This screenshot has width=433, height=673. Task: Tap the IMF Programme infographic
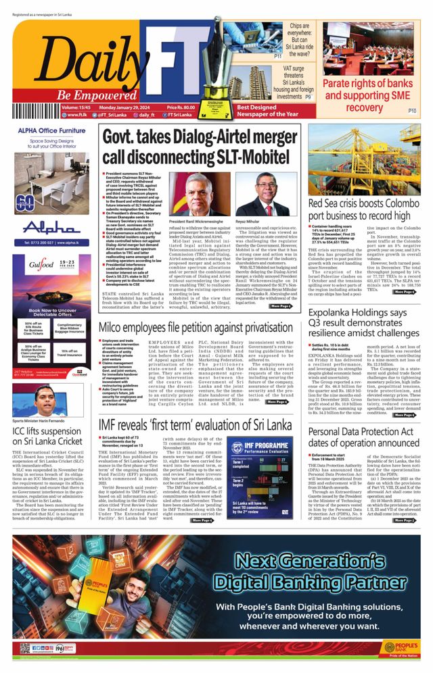pos(254,476)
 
